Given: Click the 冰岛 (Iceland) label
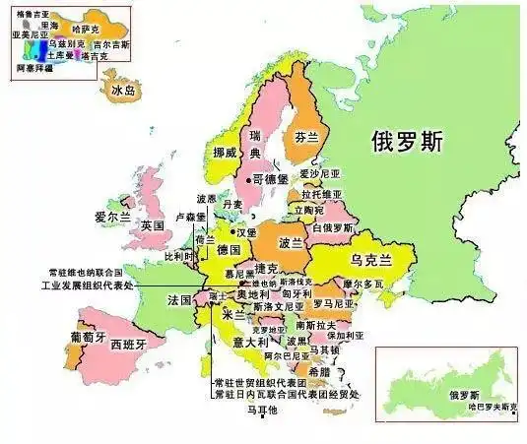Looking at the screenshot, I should pos(124,92).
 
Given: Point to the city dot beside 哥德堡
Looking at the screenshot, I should pos(247,179).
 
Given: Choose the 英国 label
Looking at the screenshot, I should pos(152,225).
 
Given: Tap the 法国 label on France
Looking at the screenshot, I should pos(179,298).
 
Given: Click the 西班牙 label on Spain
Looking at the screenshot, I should pos(128,345).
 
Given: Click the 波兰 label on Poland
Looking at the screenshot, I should pos(292,242).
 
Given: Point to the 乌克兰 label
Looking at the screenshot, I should pos(371,259).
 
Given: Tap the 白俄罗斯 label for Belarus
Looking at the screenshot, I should pos(332,227).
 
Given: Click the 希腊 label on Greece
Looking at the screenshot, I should pos(320,372).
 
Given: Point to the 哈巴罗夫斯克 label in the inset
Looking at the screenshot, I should pos(492,406).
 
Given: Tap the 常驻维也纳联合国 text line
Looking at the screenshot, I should pos(85,272).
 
